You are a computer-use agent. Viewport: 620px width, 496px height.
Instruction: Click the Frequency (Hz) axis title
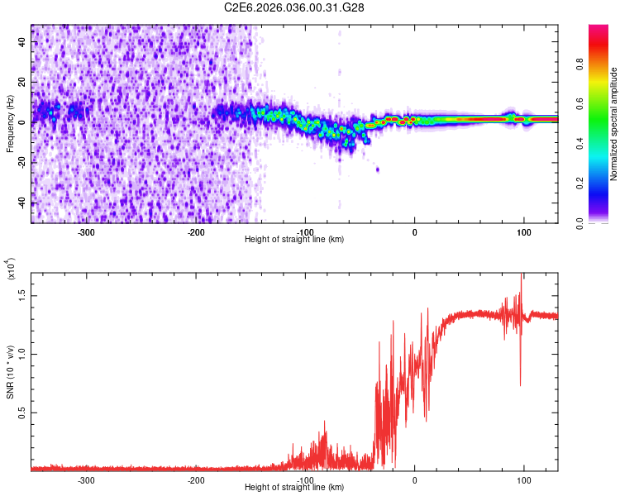pyautogui.click(x=9, y=124)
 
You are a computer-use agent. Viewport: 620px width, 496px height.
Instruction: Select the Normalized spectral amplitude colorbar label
pyautogui.click(x=614, y=124)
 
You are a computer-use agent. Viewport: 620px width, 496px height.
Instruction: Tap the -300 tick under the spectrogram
pyautogui.click(x=87, y=232)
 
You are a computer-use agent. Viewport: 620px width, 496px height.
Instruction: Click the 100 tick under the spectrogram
pyautogui.click(x=524, y=232)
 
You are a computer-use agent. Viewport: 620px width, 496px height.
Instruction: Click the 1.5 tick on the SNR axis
pyautogui.click(x=22, y=294)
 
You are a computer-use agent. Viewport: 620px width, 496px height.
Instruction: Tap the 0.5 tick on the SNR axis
pyautogui.click(x=22, y=413)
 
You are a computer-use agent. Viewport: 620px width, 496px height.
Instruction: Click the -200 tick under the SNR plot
pyautogui.click(x=196, y=480)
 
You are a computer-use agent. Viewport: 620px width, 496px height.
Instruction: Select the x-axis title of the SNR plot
pyautogui.click(x=294, y=488)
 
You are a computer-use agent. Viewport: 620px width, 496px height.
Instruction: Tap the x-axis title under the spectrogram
pyautogui.click(x=294, y=240)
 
